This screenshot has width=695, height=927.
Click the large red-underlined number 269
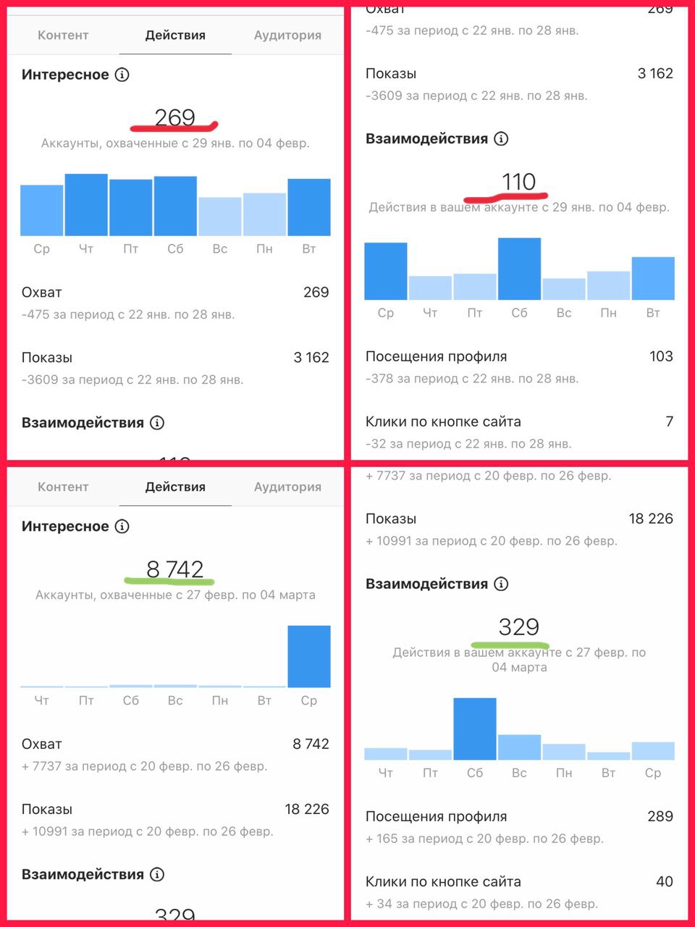pos(174,117)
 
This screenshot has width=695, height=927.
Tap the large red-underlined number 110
pos(518,181)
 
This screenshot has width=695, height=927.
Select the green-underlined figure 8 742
pos(174,569)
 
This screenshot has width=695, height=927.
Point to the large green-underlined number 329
pos(518,626)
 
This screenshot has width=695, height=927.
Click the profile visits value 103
pos(661,356)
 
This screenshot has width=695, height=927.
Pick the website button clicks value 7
pos(669,421)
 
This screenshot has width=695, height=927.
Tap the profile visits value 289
pos(660,816)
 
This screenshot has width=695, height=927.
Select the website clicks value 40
pos(664,881)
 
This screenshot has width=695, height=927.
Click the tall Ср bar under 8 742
pos(309,656)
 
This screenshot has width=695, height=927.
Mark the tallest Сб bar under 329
pos(475,729)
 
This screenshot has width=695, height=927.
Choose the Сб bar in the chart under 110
pos(519,269)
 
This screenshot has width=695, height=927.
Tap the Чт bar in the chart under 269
pos(86,205)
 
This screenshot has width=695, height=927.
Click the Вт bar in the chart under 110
pos(653,278)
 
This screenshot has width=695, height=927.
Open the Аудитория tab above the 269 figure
pos(287,35)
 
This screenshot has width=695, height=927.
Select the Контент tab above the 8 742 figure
pos(63,487)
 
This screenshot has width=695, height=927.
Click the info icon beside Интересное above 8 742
pos(122,527)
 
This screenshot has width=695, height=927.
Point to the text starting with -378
pos(472,378)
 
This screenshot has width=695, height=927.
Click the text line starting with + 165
pos(484,839)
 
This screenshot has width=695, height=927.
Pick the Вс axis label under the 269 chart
pos(220,248)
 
